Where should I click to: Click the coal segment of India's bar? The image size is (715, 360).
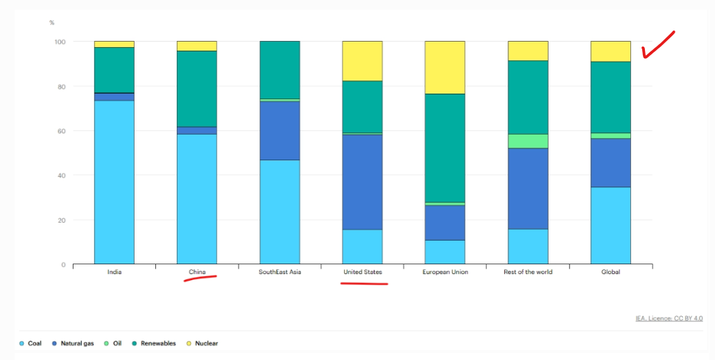(x=114, y=182)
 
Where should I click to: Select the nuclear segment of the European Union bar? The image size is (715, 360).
(x=445, y=67)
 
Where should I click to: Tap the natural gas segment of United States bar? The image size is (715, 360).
(x=363, y=182)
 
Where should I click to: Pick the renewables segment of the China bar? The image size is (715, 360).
(x=197, y=89)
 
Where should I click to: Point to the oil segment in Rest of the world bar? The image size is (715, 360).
(x=528, y=141)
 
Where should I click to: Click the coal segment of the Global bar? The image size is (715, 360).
(x=610, y=225)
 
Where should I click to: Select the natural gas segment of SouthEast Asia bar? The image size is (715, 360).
(x=279, y=130)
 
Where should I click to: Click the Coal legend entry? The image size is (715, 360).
(x=31, y=343)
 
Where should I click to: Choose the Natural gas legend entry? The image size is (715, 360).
(x=73, y=343)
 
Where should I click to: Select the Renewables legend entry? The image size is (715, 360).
(x=154, y=343)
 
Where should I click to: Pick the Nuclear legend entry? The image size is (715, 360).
(x=202, y=343)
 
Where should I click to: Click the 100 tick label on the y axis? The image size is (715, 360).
(x=60, y=42)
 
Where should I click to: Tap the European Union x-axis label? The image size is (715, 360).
(x=445, y=272)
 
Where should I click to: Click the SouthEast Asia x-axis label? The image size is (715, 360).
(x=280, y=272)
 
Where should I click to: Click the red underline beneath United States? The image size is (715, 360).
(x=364, y=284)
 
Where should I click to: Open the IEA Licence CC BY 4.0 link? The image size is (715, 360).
(x=669, y=318)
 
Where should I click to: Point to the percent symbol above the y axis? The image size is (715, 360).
(x=52, y=23)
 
